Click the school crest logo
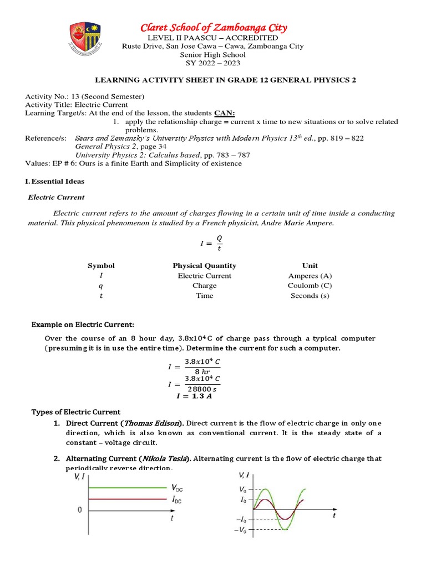(x=85, y=42)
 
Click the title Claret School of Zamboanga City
(x=213, y=28)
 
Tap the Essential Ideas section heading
(x=55, y=181)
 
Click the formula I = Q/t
(x=212, y=243)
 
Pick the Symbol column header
(x=101, y=266)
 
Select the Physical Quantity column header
(x=204, y=266)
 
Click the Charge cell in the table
(x=204, y=286)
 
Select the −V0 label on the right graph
(x=241, y=530)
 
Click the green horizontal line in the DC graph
(x=122, y=488)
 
